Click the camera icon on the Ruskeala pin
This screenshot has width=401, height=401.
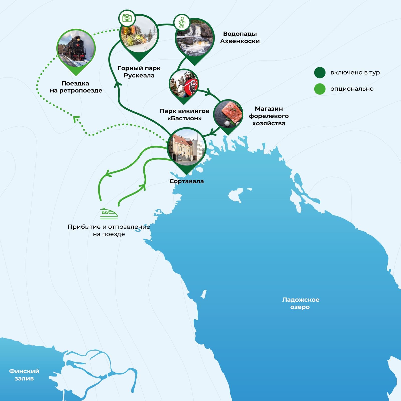click(x=127, y=18)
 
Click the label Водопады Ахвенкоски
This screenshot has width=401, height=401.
click(x=240, y=37)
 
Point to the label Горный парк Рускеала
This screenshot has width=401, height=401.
click(x=139, y=72)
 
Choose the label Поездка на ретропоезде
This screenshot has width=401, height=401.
click(x=76, y=87)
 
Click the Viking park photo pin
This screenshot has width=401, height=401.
click(x=184, y=85)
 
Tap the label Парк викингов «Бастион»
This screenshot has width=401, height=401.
click(x=184, y=114)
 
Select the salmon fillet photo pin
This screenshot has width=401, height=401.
click(x=228, y=114)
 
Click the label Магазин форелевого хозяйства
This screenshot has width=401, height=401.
click(x=269, y=116)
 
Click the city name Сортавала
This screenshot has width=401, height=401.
click(x=186, y=181)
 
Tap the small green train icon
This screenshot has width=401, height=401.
click(x=109, y=213)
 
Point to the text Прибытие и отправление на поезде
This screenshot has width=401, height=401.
click(x=109, y=230)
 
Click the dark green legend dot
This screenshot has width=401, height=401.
click(x=320, y=73)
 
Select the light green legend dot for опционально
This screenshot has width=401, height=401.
click(x=320, y=89)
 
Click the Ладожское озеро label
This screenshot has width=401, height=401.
click(x=300, y=303)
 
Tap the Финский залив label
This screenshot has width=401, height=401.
click(x=24, y=375)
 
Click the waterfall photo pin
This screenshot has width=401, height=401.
click(x=195, y=38)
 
